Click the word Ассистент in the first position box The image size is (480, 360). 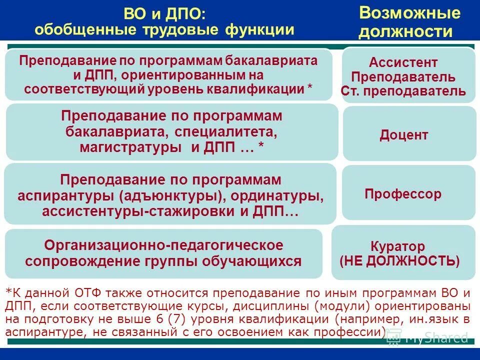pyautogui.click(x=403, y=63)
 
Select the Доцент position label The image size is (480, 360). pyautogui.click(x=403, y=135)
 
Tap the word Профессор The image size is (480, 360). pyautogui.click(x=403, y=194)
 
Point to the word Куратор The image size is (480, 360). pyautogui.click(x=397, y=246)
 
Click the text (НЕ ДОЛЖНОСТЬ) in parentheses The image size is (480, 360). pyautogui.click(x=399, y=260)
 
